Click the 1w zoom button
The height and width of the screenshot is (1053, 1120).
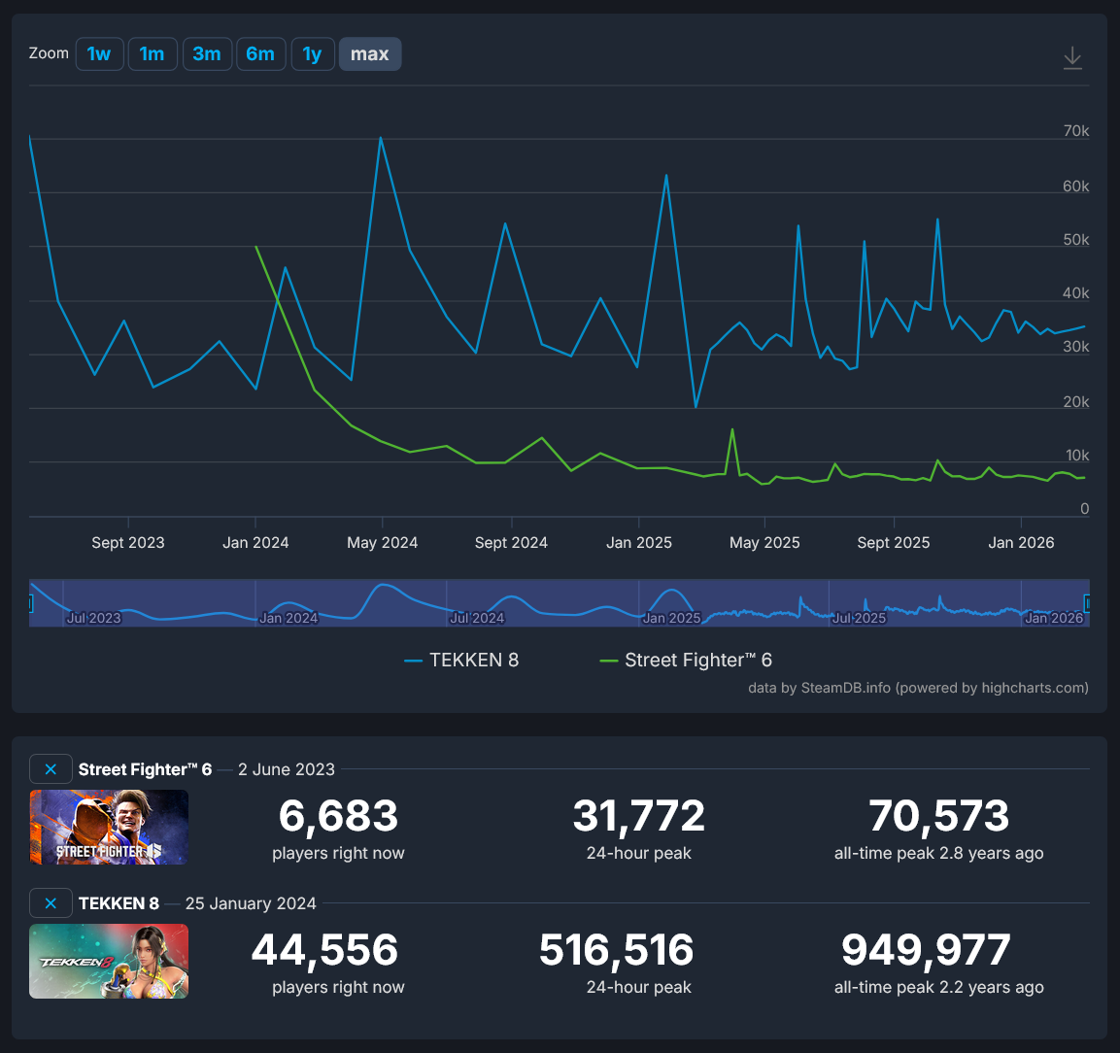click(99, 54)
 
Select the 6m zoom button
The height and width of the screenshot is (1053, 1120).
click(260, 54)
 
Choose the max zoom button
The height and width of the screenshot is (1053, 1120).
click(369, 54)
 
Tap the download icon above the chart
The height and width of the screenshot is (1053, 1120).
click(1072, 57)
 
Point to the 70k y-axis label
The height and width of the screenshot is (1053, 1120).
click(1076, 131)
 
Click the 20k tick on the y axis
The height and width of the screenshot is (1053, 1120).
click(1076, 402)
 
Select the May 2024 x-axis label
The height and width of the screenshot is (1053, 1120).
click(382, 543)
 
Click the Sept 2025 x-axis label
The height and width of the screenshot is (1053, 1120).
click(893, 543)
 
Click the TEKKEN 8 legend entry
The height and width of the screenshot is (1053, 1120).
click(462, 661)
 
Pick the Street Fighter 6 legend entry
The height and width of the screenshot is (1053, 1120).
click(687, 661)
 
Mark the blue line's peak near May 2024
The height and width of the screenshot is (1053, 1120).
click(381, 137)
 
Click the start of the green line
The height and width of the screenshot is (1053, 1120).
click(256, 247)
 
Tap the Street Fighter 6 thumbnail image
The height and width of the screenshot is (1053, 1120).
click(109, 827)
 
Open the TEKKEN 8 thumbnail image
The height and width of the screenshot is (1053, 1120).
click(109, 961)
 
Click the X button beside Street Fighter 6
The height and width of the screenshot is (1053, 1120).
click(51, 769)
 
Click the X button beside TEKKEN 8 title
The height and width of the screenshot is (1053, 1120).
click(51, 903)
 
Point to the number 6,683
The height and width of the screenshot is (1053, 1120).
click(338, 816)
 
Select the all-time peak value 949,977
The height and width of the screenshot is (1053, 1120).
click(926, 950)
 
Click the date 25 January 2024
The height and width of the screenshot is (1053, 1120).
click(251, 903)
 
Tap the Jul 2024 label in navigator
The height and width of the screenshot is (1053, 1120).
click(477, 618)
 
